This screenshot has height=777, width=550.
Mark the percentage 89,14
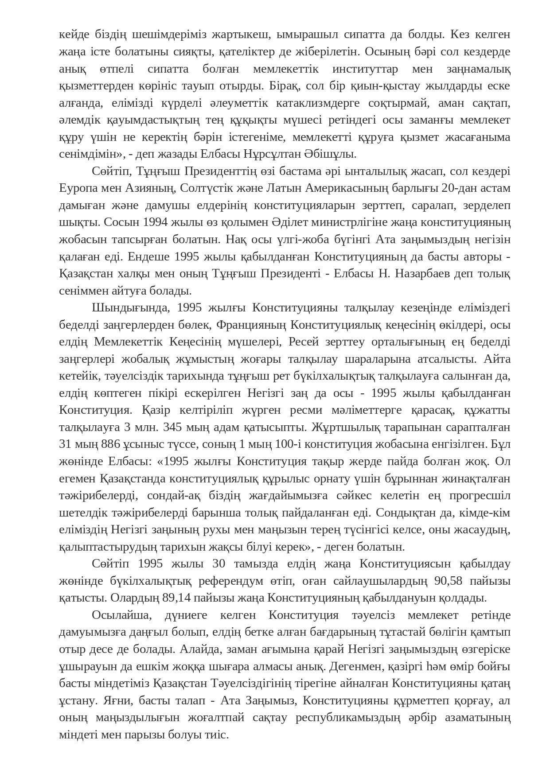coord(176,598)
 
